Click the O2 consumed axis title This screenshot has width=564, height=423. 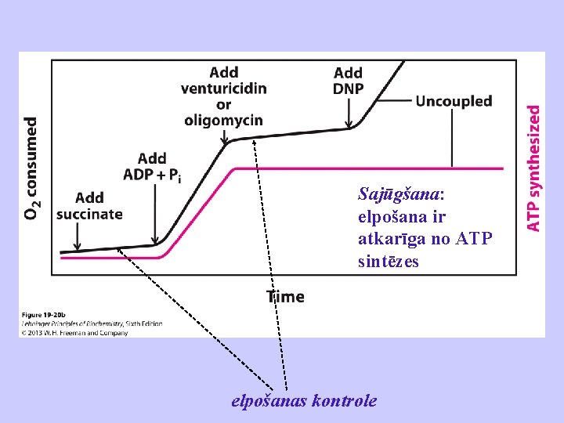tap(31, 168)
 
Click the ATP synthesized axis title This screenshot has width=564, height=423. tap(533, 168)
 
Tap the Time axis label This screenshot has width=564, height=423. tap(285, 297)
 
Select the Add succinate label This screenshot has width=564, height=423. tap(90, 206)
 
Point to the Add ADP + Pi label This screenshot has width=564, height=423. tap(152, 168)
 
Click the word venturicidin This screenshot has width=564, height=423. tap(223, 87)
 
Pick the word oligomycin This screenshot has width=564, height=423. tap(223, 120)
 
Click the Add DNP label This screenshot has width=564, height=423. tap(349, 81)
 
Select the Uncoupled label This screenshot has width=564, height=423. tap(454, 101)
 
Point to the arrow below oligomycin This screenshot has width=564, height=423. tap(225, 136)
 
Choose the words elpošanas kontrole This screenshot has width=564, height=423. tap(304, 401)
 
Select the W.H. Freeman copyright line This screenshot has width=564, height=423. tap(74, 333)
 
